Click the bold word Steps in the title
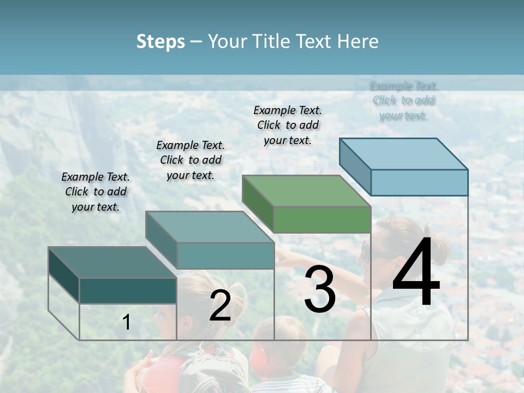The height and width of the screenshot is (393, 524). coord(160,41)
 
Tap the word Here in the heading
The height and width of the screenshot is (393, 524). coord(358,41)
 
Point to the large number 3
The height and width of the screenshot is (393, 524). coord(319,289)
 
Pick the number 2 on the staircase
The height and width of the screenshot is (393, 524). coord(220,306)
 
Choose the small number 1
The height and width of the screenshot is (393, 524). coord(127,322)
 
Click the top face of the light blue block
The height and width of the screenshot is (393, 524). coord(404,154)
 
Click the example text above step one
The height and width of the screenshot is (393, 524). coord(96,192)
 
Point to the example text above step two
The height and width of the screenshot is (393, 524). coord(190,160)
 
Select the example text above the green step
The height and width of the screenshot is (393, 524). coord(288,125)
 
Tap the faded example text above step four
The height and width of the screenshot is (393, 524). coord(404,100)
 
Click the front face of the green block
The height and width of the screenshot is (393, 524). coord(322,219)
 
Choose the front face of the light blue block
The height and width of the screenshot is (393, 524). coord(419,182)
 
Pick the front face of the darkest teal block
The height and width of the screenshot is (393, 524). coord(128,290)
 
